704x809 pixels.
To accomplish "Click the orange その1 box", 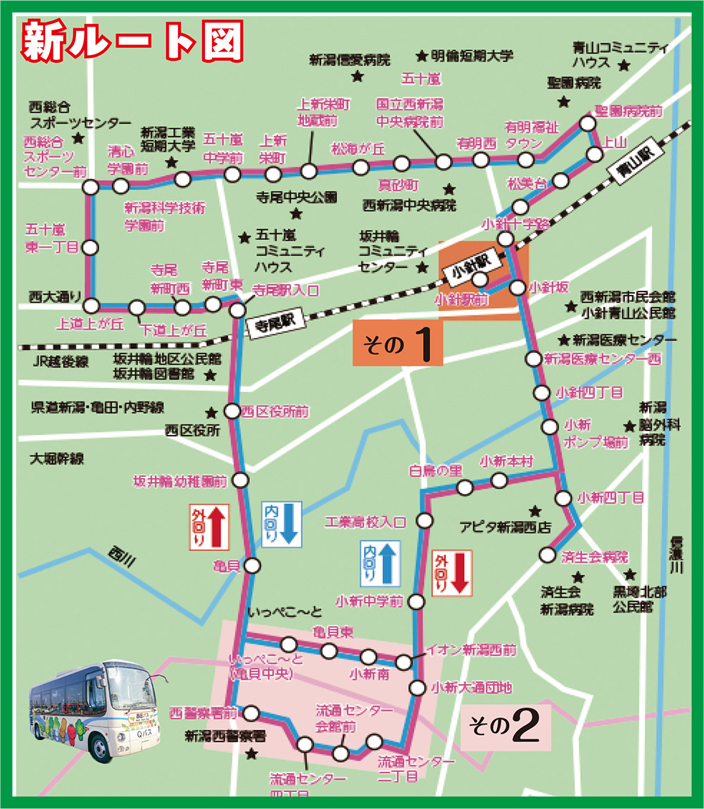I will point(398,344).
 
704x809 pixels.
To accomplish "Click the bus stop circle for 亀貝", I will point(253,565).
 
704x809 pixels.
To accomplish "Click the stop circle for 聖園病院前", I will point(587,124).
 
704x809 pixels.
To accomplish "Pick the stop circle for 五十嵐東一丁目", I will point(91,247).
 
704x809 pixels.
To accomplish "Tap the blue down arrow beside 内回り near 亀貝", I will point(289,525).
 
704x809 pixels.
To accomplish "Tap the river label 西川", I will point(122,558).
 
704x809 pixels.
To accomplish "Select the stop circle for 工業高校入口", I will point(425,521).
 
